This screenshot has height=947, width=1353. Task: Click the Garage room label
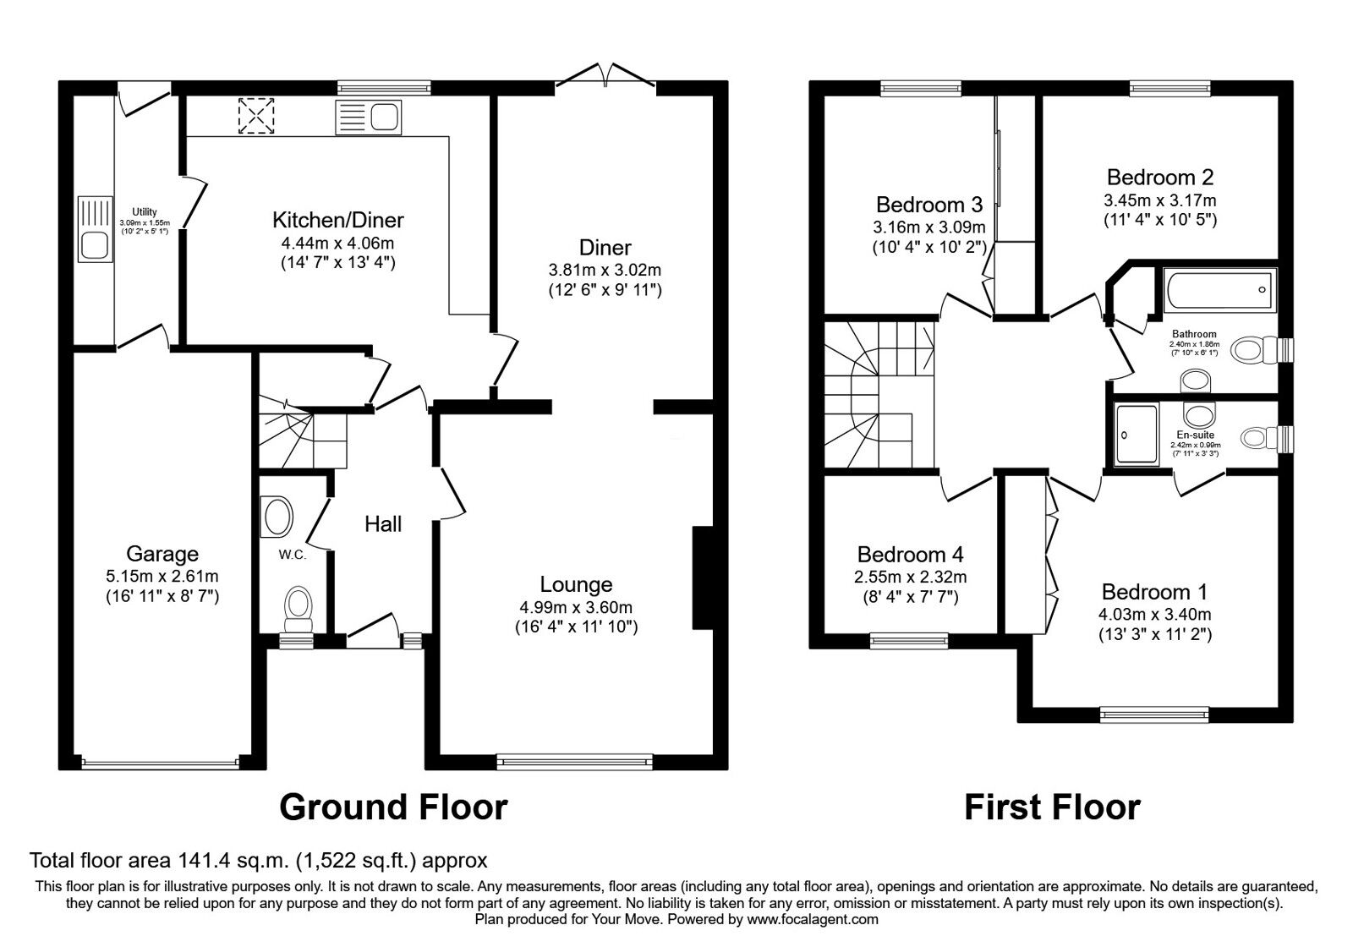click(162, 554)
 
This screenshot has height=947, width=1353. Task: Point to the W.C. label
click(292, 555)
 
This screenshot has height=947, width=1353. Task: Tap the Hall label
click(383, 524)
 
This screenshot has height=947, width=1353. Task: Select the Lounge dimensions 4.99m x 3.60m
click(576, 607)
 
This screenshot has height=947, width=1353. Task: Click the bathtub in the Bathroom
click(1219, 290)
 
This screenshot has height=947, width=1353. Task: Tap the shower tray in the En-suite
click(1137, 435)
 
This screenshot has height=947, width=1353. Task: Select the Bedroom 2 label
click(1159, 177)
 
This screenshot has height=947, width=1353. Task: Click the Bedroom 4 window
click(909, 641)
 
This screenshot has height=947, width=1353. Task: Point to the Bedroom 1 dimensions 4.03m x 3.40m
click(1154, 615)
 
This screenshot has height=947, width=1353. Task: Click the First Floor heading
click(1052, 807)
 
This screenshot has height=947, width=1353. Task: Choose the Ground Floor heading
click(393, 807)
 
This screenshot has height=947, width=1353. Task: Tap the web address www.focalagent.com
click(813, 918)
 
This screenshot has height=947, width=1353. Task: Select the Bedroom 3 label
click(928, 205)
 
